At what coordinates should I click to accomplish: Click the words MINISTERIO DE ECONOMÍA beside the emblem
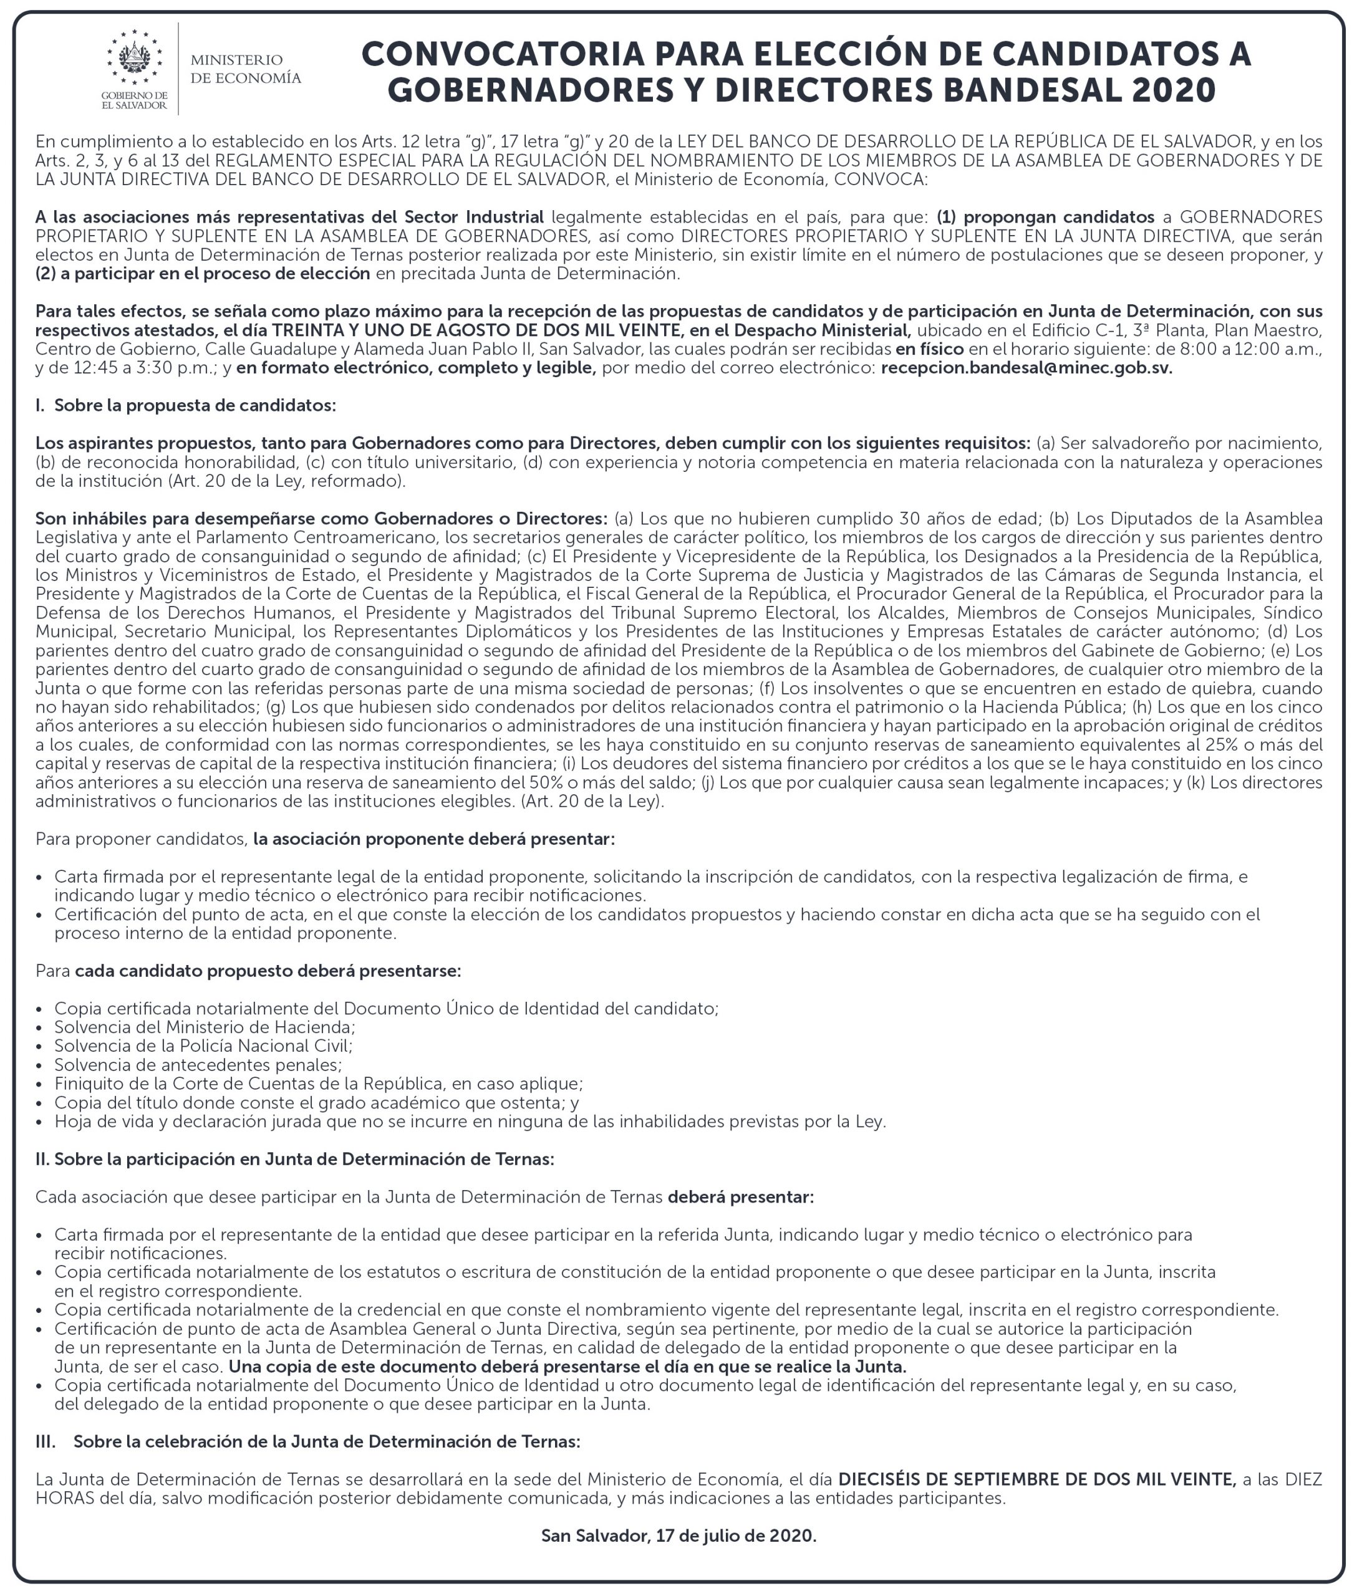(246, 69)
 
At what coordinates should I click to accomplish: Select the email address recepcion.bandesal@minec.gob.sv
(1026, 368)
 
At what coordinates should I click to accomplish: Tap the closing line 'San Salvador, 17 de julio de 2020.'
(678, 1536)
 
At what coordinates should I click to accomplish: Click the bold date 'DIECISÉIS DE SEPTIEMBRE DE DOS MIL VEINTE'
(1036, 1479)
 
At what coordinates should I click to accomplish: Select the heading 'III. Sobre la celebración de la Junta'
(307, 1441)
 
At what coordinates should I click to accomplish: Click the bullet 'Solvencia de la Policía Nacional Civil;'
(203, 1046)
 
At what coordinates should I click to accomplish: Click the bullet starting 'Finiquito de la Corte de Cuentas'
(319, 1084)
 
